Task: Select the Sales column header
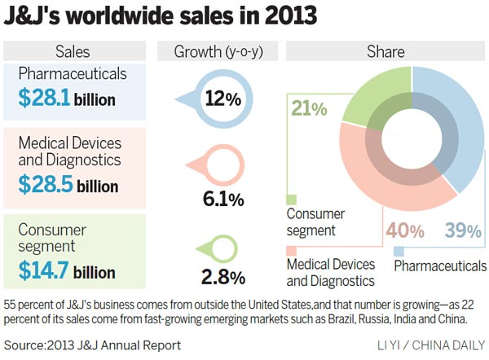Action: [x=73, y=52]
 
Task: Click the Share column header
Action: [x=385, y=52]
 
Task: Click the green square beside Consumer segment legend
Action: [x=292, y=198]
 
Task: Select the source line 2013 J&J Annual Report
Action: [x=92, y=345]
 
